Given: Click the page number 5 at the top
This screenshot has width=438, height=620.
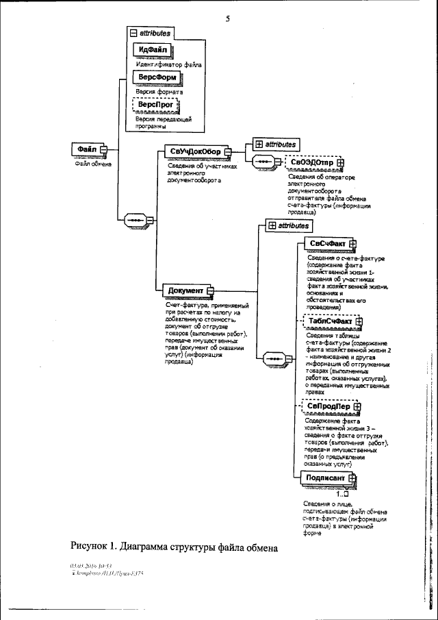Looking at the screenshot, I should coord(227,18).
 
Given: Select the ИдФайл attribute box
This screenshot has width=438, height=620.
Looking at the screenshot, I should coord(153,50).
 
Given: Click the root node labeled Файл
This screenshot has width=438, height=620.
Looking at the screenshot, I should coord(88,149).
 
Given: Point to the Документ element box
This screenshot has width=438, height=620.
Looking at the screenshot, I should coord(185,290).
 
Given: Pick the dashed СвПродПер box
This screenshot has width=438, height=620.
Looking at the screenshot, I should coord(330,406).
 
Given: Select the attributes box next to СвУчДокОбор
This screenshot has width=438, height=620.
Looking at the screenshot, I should coord(275,144).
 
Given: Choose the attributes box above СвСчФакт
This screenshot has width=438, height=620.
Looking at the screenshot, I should coord(287,225).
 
